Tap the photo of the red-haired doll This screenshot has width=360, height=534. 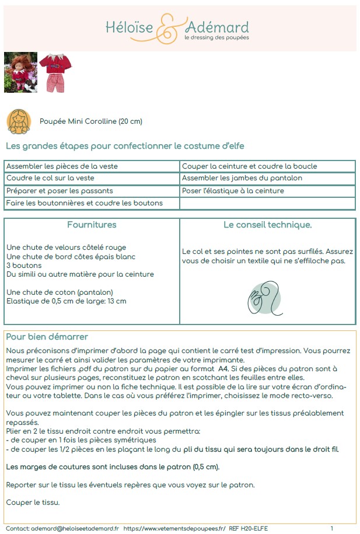click(x=20, y=72)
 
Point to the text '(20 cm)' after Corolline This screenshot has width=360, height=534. click(x=130, y=121)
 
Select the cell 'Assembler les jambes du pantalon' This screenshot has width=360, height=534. click(x=242, y=178)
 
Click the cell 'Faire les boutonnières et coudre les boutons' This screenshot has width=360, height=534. click(x=85, y=203)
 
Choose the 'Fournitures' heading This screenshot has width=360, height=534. click(x=92, y=225)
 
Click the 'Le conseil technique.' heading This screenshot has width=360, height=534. click(x=268, y=225)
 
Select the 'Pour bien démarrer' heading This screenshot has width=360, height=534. click(x=47, y=337)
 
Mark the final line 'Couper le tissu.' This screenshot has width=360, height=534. click(x=33, y=502)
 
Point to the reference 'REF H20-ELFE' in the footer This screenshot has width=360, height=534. click(x=249, y=528)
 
